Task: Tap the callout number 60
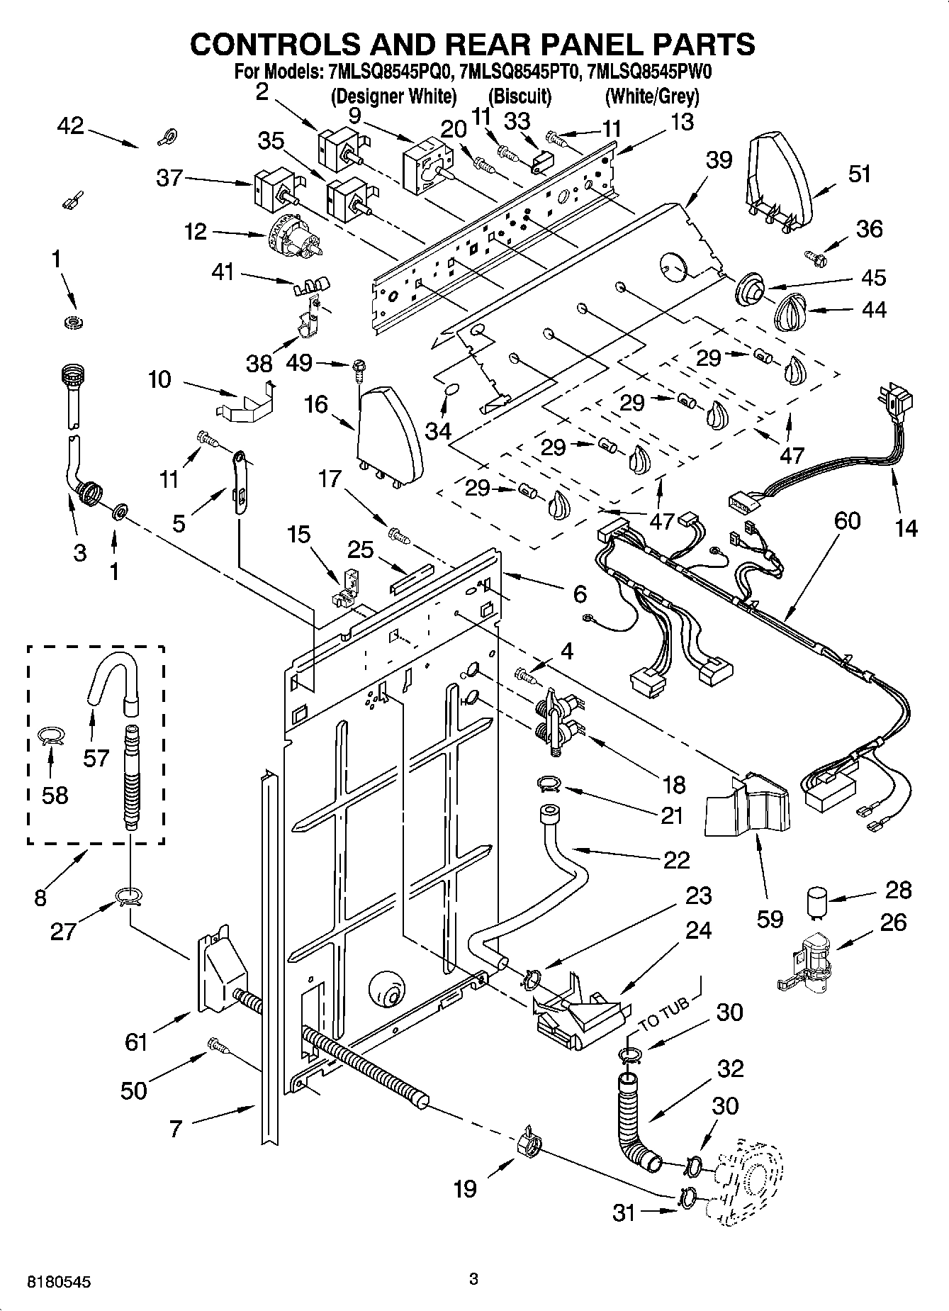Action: click(847, 521)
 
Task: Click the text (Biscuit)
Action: click(520, 96)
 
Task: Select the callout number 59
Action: click(770, 918)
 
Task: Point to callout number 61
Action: click(135, 1042)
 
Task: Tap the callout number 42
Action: click(70, 126)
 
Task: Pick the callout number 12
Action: click(195, 231)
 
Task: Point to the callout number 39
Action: click(719, 160)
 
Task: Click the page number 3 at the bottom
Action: click(473, 1279)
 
